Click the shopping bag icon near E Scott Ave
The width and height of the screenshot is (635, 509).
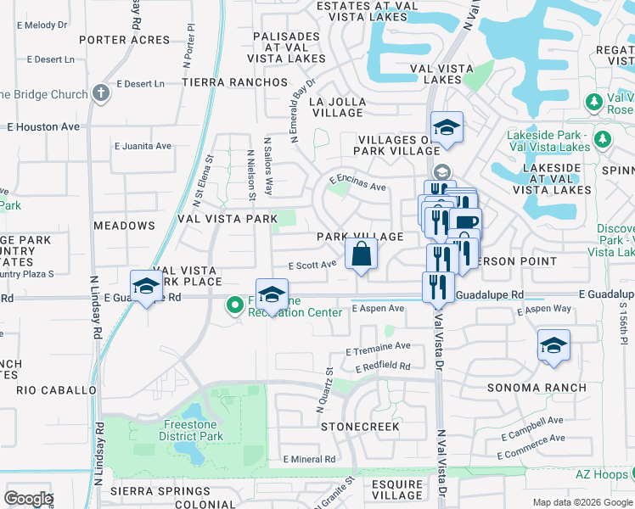pos(361,253)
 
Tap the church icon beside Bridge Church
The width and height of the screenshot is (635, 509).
pos(101,92)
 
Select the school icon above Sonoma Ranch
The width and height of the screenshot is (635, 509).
pos(554,345)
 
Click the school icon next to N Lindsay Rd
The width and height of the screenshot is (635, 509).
pos(146,286)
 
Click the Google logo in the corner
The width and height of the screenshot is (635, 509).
pos(28,499)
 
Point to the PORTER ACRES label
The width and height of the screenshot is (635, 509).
pos(125,40)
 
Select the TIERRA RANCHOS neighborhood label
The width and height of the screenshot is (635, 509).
pos(234,82)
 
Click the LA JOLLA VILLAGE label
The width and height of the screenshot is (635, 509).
pos(337,107)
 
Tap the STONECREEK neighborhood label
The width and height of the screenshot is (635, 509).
pos(360,427)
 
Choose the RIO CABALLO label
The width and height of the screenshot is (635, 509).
pos(56,390)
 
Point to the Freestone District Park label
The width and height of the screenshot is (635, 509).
pos(190,431)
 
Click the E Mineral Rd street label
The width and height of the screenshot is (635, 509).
pos(309,459)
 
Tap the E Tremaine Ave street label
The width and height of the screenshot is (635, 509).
pos(378,346)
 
